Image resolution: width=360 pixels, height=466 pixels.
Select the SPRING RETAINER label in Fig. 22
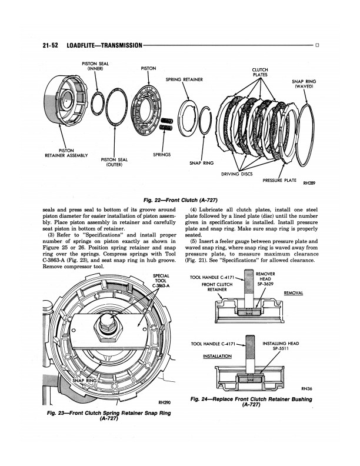[184, 79]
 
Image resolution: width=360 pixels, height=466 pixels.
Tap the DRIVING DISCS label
[236, 174]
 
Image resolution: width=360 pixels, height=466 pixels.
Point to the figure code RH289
[309, 183]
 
